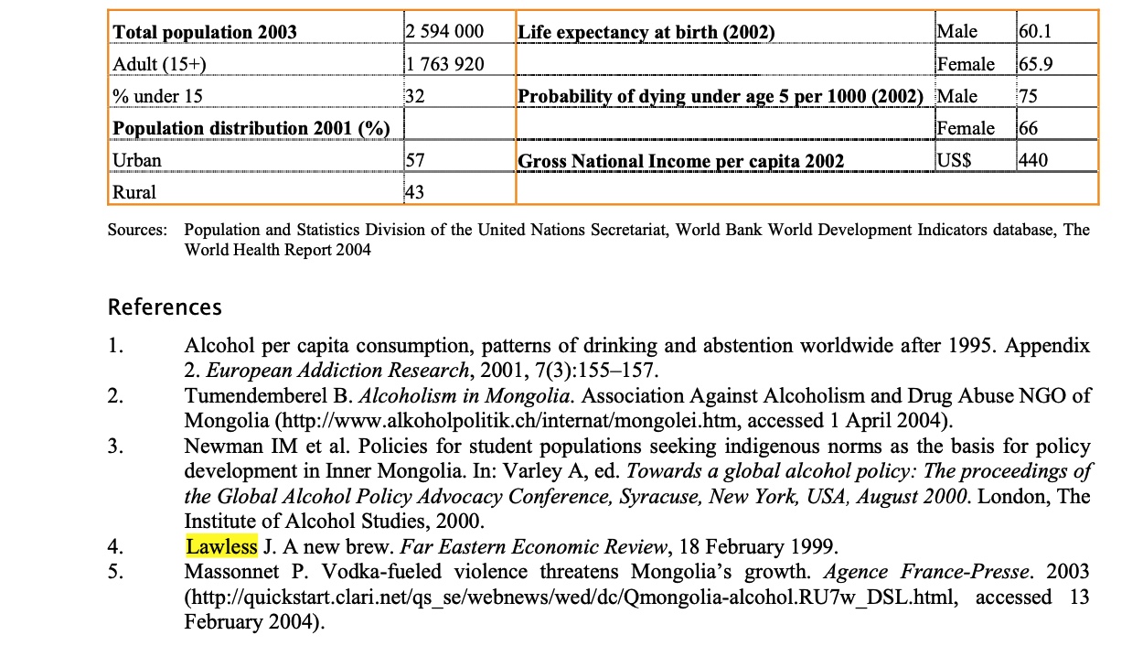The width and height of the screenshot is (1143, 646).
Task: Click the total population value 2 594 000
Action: (444, 32)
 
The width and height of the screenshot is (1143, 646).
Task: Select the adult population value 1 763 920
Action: (444, 64)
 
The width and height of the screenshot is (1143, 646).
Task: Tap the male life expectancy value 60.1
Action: (1035, 32)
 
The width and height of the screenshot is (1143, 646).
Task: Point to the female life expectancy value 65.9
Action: (1035, 64)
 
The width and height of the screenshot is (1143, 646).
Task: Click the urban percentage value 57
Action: (414, 160)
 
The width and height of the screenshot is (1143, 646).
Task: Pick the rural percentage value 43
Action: (414, 192)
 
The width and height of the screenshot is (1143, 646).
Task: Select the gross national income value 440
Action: (1033, 160)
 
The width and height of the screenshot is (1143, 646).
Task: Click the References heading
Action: (165, 307)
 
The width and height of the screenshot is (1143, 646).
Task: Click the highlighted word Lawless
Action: (221, 547)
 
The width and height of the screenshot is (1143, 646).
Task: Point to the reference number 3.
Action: (114, 447)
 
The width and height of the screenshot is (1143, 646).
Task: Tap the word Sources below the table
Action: (137, 230)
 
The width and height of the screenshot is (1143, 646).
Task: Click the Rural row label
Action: (134, 192)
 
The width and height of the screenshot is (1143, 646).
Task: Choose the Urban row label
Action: (137, 160)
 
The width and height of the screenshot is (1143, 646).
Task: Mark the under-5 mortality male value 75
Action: (1029, 96)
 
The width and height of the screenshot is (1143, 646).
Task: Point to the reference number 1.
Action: (114, 347)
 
